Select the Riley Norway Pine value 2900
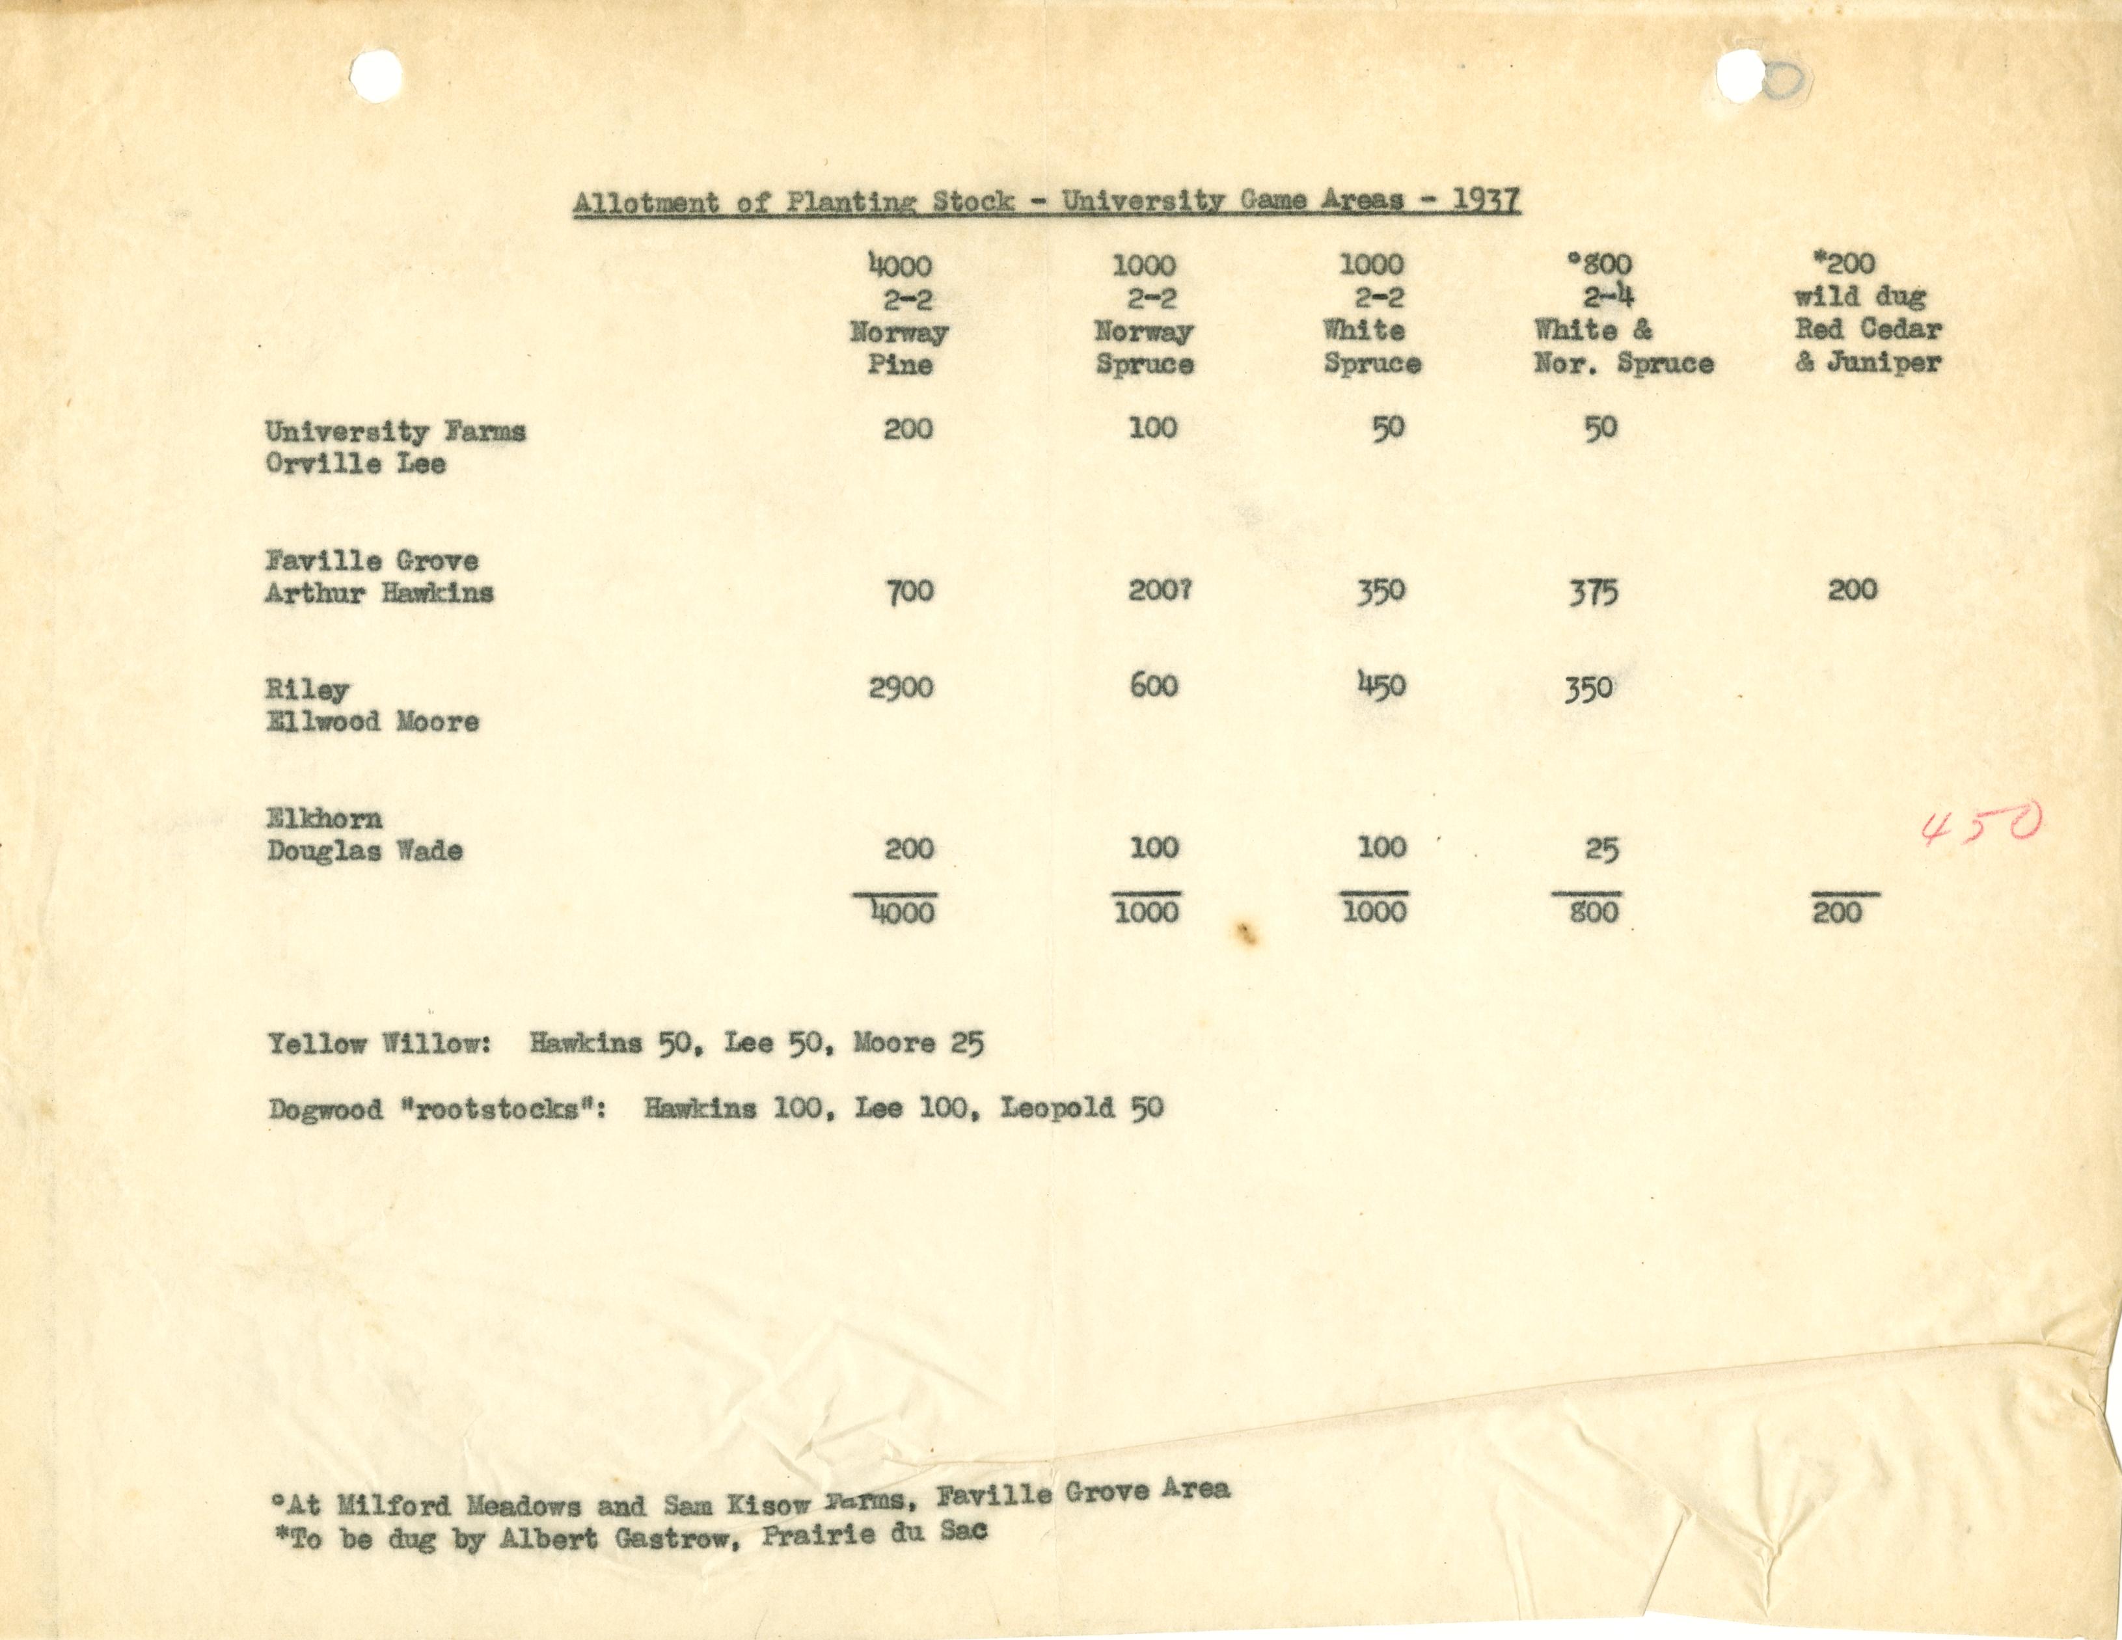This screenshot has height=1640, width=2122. coord(901,687)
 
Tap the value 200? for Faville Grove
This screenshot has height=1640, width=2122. coord(1159,591)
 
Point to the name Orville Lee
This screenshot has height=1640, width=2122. coord(355,463)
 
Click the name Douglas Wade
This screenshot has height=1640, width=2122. coord(364,850)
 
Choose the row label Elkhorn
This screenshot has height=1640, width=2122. coord(325,818)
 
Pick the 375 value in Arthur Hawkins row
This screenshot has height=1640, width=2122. coord(1592,592)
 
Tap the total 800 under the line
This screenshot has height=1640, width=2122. coord(1594,912)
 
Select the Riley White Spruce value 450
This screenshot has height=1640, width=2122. coord(1381,686)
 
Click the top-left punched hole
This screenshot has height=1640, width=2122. coord(376,75)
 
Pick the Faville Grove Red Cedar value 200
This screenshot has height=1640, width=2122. coord(1852,590)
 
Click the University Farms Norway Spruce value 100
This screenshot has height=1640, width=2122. coord(1152,427)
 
